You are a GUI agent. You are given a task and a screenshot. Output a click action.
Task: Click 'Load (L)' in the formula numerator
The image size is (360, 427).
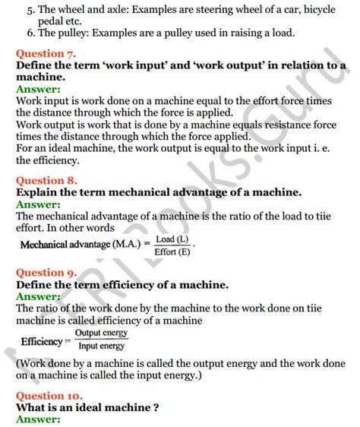pyautogui.click(x=172, y=239)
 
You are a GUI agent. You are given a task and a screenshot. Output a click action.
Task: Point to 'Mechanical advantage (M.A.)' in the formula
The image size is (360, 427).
pyautogui.click(x=74, y=246)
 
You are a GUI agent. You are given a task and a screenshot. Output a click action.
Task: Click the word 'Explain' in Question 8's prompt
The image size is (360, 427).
pyautogui.click(x=38, y=193)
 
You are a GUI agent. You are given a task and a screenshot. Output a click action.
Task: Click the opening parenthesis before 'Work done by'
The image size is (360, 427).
pyautogui.click(x=17, y=362)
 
